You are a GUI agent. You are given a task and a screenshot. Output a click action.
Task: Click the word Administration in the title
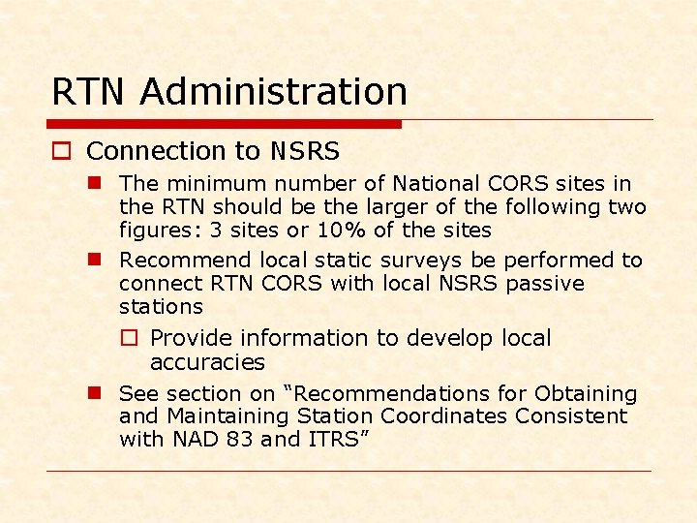coord(273,92)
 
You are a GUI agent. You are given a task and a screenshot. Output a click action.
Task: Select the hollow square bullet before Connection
coord(60,151)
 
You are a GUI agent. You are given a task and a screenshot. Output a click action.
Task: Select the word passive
coord(546,284)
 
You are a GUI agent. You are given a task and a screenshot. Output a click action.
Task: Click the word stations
coord(161,307)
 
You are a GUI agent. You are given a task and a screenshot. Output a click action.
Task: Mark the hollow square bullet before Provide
coord(132,338)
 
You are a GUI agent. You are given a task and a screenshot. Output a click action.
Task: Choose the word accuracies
coord(207,362)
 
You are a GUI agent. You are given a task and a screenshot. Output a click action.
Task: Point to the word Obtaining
coord(587,394)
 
